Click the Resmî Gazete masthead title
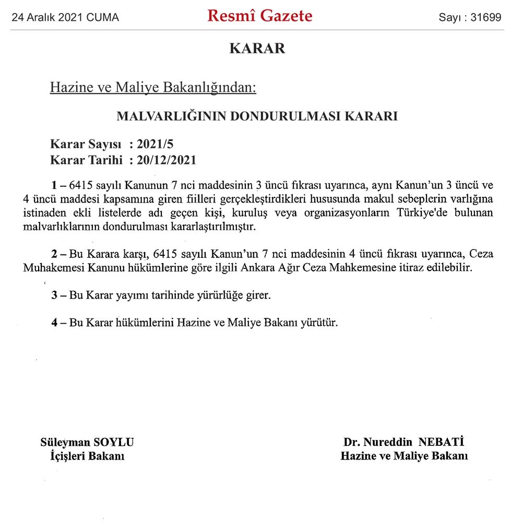[x=260, y=16]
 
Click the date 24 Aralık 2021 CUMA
[x=65, y=18]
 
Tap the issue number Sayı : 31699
[x=470, y=18]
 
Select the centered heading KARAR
[x=257, y=49]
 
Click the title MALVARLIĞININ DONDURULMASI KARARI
[x=257, y=116]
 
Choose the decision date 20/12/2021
[x=167, y=159]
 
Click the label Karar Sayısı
[x=86, y=144]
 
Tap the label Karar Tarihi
[x=86, y=159]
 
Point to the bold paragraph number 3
[x=54, y=295]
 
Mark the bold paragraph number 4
[x=54, y=323]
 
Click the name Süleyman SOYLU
[x=87, y=442]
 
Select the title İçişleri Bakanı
[x=86, y=456]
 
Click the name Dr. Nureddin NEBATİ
[x=404, y=442]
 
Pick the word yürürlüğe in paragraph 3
[x=216, y=296]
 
